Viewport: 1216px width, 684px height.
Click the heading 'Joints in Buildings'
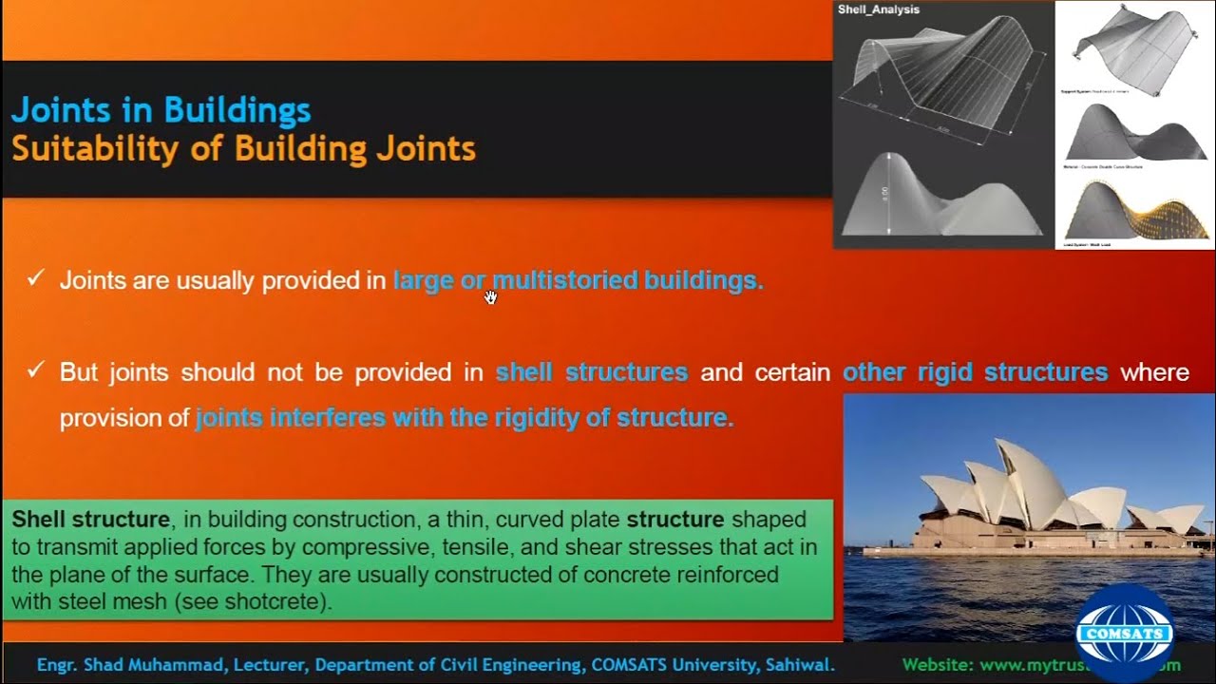[161, 110]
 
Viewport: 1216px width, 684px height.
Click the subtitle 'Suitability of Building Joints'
[243, 149]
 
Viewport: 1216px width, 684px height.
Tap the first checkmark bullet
[35, 278]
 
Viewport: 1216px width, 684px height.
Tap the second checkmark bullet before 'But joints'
[35, 370]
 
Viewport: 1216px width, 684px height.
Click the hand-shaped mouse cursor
[490, 297]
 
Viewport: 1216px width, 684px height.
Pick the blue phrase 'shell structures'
[591, 371]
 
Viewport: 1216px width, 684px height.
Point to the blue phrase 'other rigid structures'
[975, 371]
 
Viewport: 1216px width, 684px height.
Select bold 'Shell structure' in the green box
[90, 520]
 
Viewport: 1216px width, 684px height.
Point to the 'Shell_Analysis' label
[879, 10]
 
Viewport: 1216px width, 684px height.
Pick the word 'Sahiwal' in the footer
[804, 665]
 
